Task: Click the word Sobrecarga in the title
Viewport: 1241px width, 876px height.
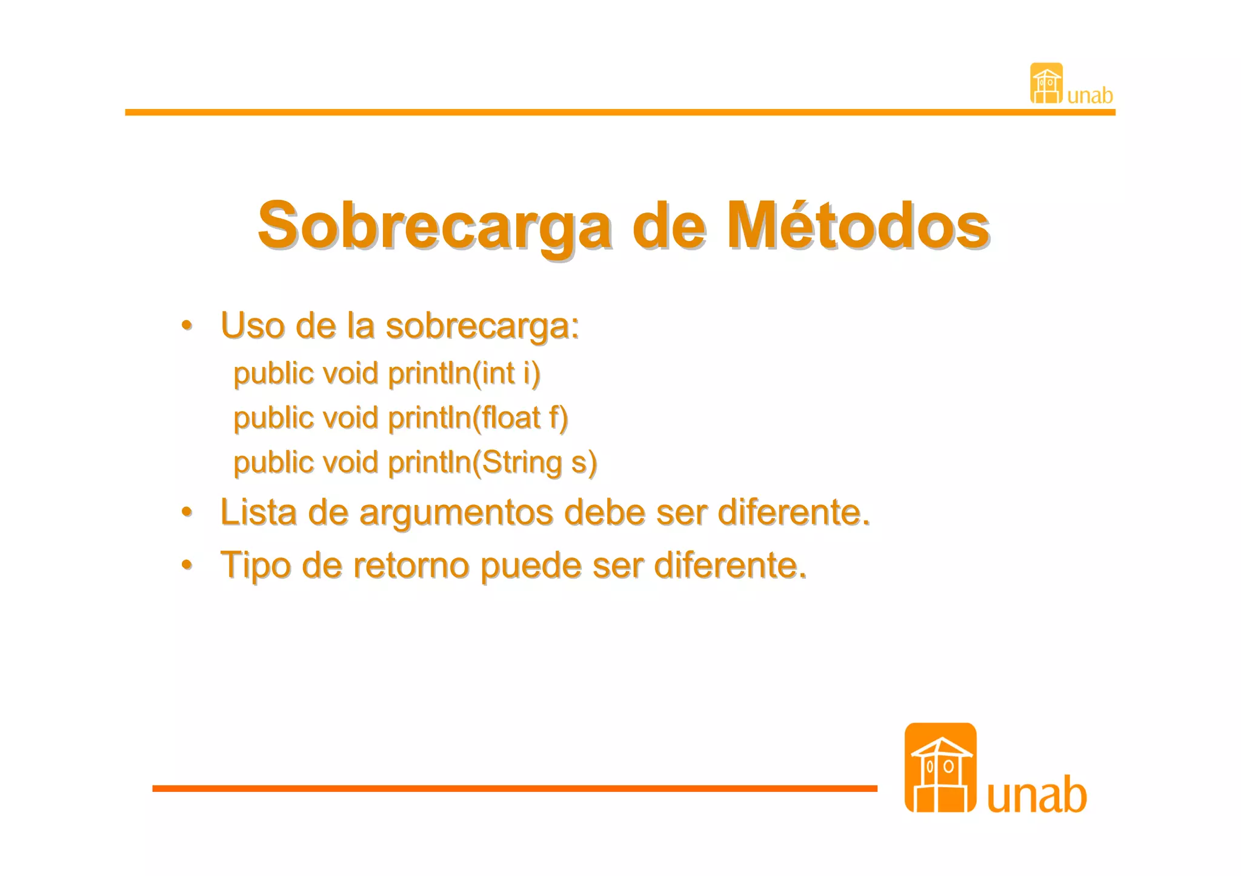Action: coord(434,225)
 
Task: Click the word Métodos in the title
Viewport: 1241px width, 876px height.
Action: coord(858,225)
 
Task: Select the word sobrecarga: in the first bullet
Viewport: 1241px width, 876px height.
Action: coord(482,326)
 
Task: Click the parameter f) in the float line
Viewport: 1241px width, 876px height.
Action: coord(558,418)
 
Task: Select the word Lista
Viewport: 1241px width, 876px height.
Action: coord(259,512)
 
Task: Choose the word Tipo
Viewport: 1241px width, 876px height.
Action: coord(255,565)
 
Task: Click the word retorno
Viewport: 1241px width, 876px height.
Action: coord(411,565)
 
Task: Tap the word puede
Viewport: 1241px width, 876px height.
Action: coord(531,565)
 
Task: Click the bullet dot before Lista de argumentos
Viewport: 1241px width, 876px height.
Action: coord(187,512)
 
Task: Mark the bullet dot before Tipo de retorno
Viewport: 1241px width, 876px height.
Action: coord(187,565)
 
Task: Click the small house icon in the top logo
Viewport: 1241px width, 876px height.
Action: coord(1046,84)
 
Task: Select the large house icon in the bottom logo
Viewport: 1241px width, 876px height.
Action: coord(940,768)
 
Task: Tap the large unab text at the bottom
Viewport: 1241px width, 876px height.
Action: coord(1037,794)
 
